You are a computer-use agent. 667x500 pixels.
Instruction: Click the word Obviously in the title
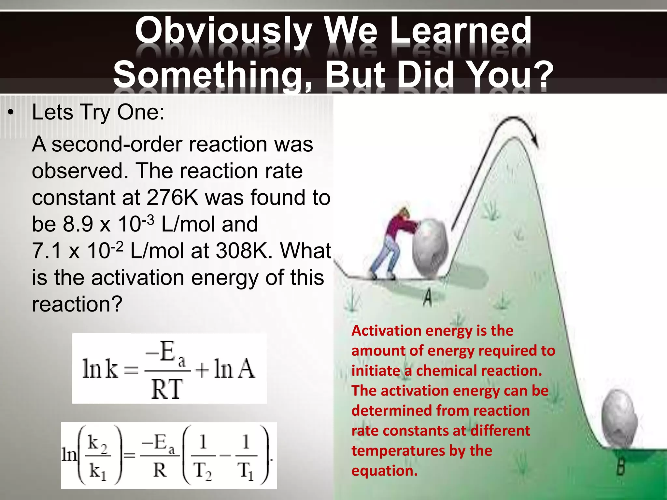pyautogui.click(x=223, y=31)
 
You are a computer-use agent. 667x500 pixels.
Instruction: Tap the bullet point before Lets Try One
pyautogui.click(x=11, y=113)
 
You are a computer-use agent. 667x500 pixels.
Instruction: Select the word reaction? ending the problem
pyautogui.click(x=77, y=304)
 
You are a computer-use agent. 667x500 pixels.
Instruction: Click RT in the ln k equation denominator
pyautogui.click(x=167, y=389)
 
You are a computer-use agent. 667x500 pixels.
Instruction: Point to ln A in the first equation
pyautogui.click(x=234, y=369)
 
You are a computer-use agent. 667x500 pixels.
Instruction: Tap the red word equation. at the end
pyautogui.click(x=384, y=471)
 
